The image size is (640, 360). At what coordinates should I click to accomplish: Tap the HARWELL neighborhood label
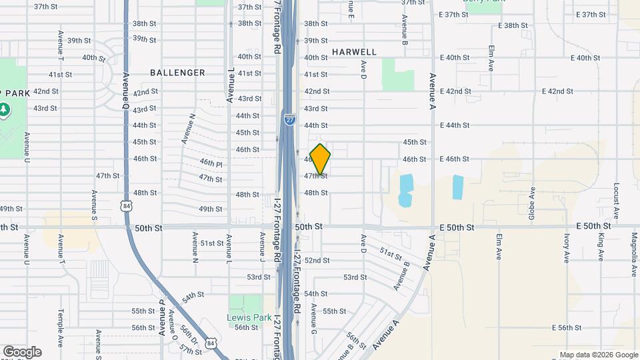[x=354, y=52]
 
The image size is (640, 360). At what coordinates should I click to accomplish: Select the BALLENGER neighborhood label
[x=177, y=72]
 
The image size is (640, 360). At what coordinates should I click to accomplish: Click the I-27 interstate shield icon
[x=289, y=119]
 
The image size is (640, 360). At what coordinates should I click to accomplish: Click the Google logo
[x=22, y=352]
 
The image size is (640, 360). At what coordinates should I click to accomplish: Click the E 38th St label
[x=513, y=25]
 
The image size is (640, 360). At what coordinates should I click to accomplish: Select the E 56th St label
[x=568, y=327]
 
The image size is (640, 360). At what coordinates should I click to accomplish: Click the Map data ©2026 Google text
[x=598, y=355]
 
